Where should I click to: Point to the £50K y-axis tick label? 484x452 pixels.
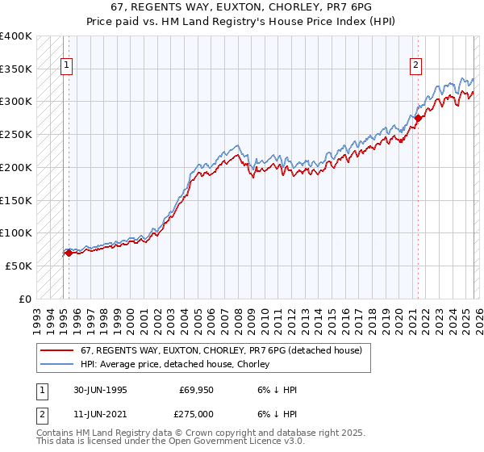18,266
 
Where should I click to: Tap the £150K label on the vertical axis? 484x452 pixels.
15,200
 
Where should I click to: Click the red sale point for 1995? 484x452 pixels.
69,253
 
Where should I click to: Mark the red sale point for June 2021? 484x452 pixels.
418,119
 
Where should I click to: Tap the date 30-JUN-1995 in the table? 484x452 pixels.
100,390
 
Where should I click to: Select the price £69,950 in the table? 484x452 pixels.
196,390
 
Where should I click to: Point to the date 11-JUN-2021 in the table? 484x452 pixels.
100,414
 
